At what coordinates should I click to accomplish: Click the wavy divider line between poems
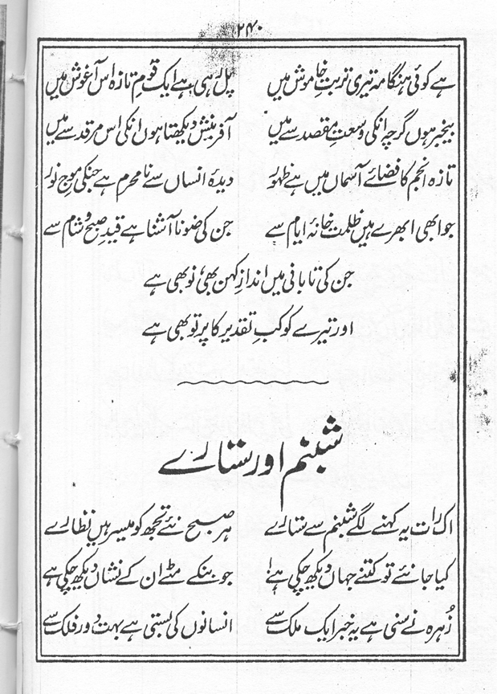pyautogui.click(x=249, y=386)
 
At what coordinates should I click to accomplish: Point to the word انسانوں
pyautogui.click(x=204, y=622)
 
